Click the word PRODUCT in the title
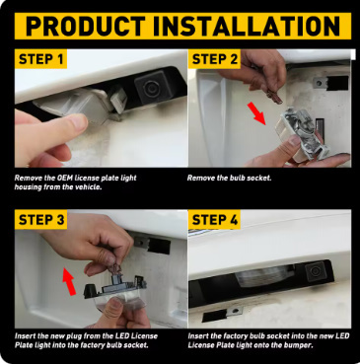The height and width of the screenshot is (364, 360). [x=86, y=26]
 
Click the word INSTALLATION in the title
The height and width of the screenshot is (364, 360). [x=247, y=26]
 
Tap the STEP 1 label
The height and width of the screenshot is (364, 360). [x=40, y=59]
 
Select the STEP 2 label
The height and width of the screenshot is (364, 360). [x=215, y=59]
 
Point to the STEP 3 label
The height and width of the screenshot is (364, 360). [x=41, y=220]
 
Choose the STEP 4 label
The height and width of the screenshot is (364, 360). [x=215, y=220]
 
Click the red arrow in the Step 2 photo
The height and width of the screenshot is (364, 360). [x=256, y=113]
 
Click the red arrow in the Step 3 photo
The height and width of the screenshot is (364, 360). [x=69, y=281]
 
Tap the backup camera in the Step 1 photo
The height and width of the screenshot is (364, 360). [x=152, y=87]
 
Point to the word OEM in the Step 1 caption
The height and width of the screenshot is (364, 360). [x=64, y=179]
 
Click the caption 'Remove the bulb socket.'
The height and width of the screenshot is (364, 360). [x=230, y=179]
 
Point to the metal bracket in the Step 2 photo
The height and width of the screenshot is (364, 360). [x=320, y=83]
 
